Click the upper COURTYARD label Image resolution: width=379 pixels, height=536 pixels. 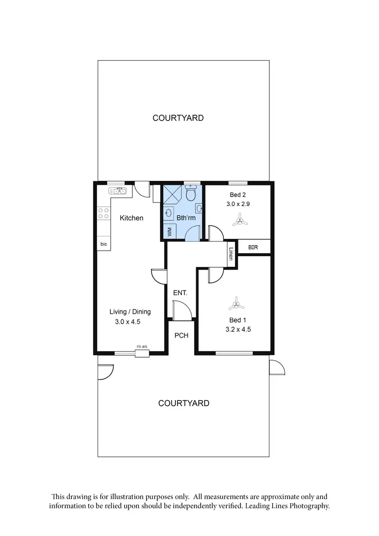pos(178,118)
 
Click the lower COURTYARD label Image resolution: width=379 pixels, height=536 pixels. pos(183,403)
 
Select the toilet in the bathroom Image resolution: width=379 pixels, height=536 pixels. pos(191,193)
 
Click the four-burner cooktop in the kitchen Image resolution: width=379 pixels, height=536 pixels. pos(104,214)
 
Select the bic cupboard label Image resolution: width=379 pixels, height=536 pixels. pos(104,244)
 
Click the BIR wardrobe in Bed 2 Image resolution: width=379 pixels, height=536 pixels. pos(254,247)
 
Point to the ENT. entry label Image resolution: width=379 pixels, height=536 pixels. pos(180,293)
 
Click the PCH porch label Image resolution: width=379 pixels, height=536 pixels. pos(181,335)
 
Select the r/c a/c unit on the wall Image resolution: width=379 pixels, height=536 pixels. pos(141,353)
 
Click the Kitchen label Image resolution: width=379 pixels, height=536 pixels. pos(131,218)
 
